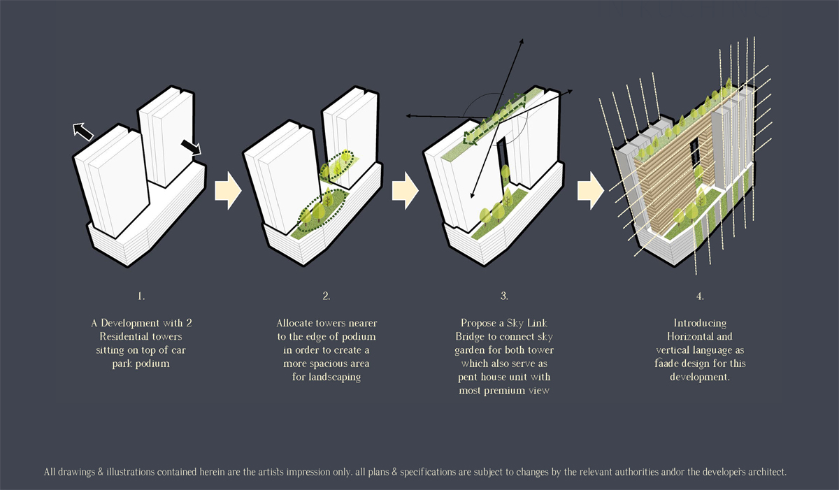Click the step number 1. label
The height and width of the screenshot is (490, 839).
coord(141,296)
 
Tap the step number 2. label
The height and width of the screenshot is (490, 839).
coord(327,296)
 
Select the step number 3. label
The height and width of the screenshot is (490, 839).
coord(504,296)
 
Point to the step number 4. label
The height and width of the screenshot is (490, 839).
coord(700,296)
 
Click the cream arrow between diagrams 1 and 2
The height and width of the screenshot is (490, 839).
coord(228,191)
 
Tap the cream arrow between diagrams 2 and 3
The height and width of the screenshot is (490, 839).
coord(406,191)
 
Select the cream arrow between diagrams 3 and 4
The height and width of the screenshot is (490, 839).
coord(591,191)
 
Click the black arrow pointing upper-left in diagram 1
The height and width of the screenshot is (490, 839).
coord(83,131)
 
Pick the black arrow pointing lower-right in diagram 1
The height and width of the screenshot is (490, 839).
coord(191,147)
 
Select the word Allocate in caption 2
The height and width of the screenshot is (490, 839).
coord(295,323)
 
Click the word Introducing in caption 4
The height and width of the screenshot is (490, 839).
coord(700,324)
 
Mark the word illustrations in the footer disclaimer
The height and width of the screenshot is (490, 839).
coord(130,472)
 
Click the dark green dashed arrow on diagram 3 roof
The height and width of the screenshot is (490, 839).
coord(494,119)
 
